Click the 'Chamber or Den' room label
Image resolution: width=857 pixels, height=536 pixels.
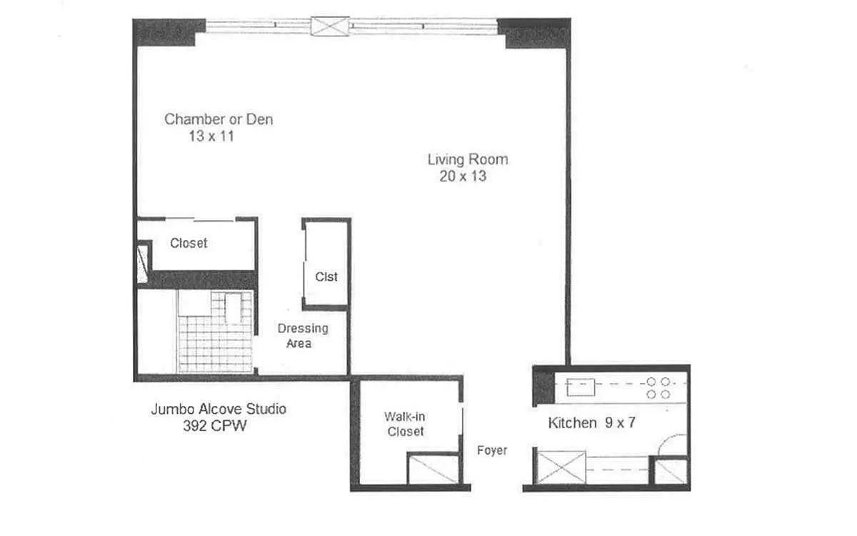click(219, 119)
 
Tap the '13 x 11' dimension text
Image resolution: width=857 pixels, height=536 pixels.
click(211, 136)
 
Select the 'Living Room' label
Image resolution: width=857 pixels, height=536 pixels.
click(468, 159)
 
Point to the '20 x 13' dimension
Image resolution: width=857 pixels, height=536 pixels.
click(463, 176)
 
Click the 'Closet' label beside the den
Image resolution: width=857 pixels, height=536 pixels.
click(189, 243)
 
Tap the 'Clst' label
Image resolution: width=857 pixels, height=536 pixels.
click(326, 277)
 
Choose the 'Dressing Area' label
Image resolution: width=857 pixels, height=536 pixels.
click(303, 336)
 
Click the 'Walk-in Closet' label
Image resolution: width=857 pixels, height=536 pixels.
click(405, 424)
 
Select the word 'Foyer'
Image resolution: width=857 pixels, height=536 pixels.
click(492, 450)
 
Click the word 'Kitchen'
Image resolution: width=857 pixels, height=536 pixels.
click(572, 423)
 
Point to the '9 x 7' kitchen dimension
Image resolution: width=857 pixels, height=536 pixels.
click(620, 422)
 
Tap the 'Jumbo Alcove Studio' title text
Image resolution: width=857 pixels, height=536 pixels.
click(219, 409)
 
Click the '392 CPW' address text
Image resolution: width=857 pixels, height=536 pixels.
click(215, 426)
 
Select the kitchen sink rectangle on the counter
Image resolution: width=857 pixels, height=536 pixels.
click(581, 387)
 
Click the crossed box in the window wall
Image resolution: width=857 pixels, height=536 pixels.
click(330, 26)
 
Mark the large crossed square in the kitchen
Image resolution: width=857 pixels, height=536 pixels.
click(561, 467)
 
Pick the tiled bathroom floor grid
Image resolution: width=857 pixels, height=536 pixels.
click(215, 332)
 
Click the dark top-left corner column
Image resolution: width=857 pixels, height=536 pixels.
click(169, 32)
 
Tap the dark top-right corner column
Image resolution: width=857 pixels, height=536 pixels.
click(534, 33)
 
